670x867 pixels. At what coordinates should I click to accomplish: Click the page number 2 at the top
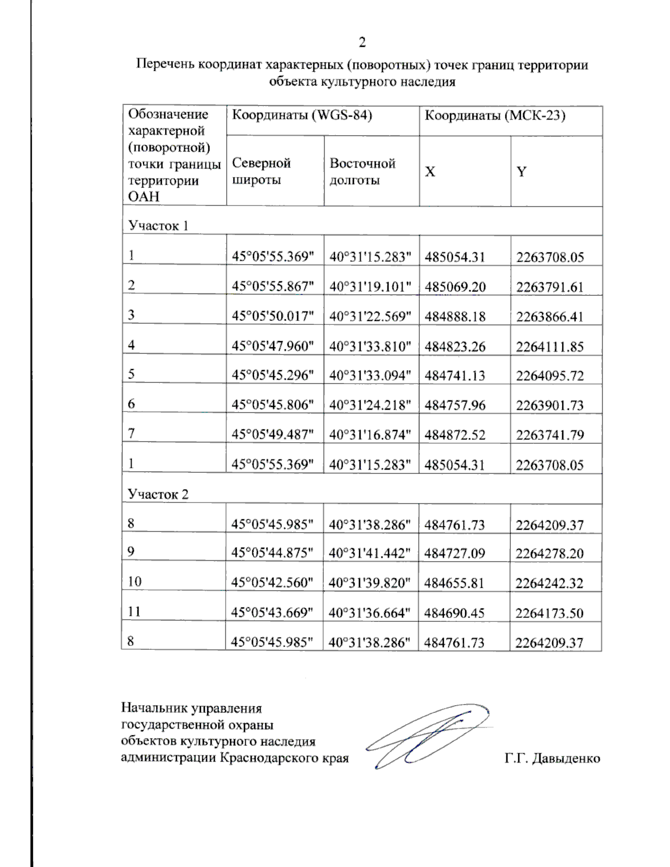point(362,42)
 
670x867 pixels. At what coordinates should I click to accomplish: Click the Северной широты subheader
point(261,171)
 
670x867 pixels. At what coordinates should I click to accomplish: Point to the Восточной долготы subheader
point(362,171)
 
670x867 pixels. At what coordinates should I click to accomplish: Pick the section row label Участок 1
point(158,226)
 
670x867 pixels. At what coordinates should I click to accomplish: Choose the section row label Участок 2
point(158,494)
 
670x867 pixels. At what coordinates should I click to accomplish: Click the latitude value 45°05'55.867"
point(274,287)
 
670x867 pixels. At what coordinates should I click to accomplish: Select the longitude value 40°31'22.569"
point(371,317)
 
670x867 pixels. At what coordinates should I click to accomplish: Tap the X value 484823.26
point(455,347)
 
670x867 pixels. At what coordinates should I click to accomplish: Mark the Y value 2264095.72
point(549,376)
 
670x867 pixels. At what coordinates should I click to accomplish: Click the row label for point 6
point(131,404)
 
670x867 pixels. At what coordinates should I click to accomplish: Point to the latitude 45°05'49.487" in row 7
point(274,435)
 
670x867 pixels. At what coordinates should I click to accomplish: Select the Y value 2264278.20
point(549,554)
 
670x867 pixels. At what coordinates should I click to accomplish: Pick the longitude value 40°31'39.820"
point(370,583)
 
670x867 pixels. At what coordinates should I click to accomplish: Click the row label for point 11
point(133,612)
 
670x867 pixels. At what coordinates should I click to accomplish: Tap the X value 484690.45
point(454,613)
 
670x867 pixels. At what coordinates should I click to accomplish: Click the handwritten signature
point(427,736)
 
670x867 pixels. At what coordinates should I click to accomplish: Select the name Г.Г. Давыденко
point(552,758)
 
